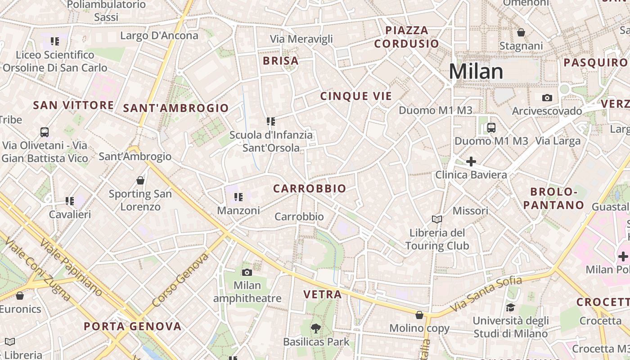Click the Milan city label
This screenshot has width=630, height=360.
point(476,72)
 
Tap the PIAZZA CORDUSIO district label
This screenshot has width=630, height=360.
point(406,37)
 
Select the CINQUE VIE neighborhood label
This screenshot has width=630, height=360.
point(356,96)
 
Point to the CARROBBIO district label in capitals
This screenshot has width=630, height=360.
point(310,189)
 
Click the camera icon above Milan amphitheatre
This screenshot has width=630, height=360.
point(247,272)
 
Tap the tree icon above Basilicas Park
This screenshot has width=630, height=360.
point(316,328)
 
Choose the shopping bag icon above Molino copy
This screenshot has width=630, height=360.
point(419,315)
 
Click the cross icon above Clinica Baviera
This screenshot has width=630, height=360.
point(471,161)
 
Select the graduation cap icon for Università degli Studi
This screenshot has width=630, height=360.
point(510,307)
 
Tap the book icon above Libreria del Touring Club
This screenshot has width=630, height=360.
point(436,219)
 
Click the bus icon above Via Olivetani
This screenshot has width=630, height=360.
point(44,132)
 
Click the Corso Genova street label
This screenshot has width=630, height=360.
point(180,279)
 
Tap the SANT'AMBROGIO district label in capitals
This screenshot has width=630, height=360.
point(176,108)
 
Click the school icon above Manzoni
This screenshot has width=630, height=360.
point(238,197)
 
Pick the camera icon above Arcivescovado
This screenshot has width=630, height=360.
point(547,98)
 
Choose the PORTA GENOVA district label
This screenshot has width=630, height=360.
point(133,326)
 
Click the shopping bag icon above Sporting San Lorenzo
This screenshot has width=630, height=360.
point(140,180)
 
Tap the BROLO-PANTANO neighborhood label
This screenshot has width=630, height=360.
point(554,198)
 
